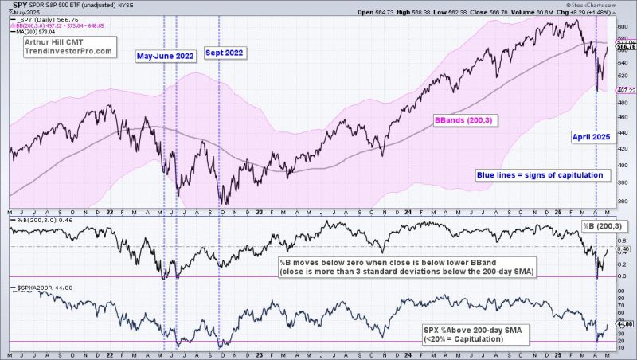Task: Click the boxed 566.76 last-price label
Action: [626, 47]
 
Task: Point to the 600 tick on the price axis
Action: [623, 26]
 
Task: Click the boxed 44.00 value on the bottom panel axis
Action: [626, 323]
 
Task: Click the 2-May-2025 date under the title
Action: [17, 12]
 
